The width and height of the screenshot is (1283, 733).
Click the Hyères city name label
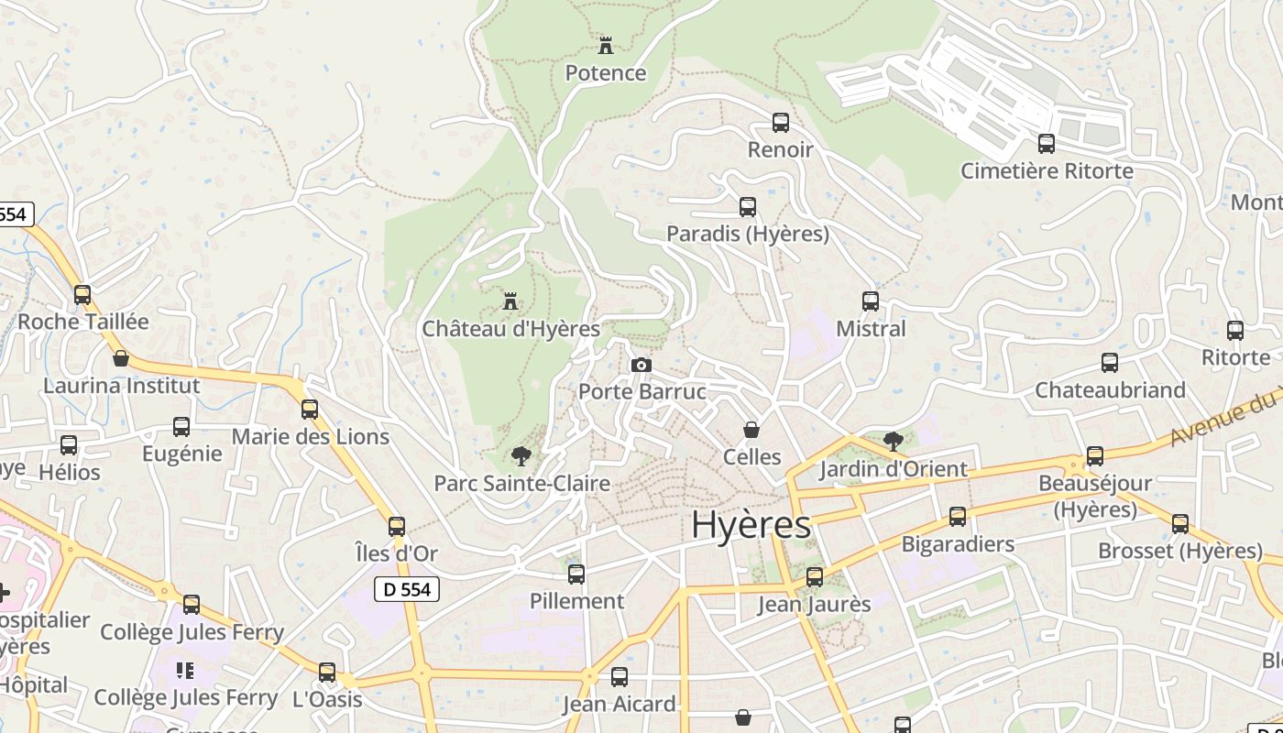(751, 525)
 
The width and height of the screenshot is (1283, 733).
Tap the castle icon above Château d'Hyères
(510, 301)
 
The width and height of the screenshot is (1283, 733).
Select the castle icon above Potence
(605, 45)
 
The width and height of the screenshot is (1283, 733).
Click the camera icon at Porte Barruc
(641, 366)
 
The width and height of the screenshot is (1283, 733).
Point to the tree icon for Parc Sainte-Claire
(521, 455)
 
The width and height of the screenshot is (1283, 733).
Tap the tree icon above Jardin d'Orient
(893, 442)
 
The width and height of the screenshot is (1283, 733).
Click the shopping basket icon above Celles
(751, 430)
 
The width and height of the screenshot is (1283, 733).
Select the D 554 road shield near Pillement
(407, 589)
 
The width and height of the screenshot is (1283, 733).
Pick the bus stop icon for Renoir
(781, 123)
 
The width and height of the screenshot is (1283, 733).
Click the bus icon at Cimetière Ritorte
(1047, 144)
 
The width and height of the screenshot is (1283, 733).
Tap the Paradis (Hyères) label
(747, 234)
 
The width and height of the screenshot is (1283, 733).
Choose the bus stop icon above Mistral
(871, 301)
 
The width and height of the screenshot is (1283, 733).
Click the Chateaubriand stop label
(1110, 390)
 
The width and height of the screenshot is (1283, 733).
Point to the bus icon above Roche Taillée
(82, 295)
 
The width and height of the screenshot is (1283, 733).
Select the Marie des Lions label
(310, 437)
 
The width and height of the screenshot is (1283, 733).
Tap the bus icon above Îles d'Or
(397, 527)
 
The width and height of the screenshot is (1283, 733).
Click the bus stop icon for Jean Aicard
(620, 677)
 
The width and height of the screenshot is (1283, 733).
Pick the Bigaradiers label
(958, 544)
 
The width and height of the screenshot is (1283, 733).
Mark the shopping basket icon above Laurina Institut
(121, 358)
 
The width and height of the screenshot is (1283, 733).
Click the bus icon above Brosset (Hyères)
(1180, 524)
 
